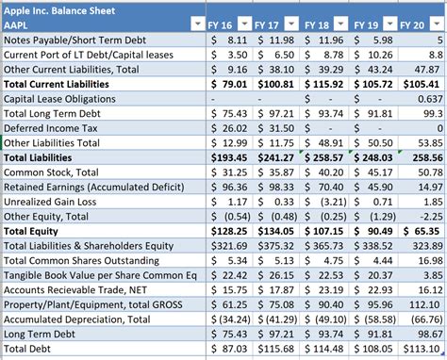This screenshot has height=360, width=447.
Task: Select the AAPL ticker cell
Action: click(x=20, y=25)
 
